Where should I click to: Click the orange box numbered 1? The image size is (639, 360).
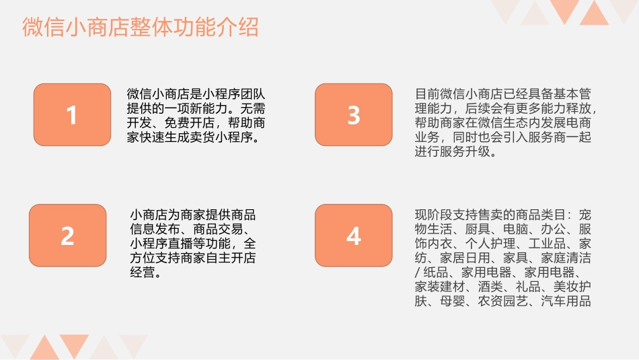(x=72, y=115)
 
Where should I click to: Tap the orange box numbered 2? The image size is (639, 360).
(x=67, y=236)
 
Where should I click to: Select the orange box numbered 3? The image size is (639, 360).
(x=353, y=115)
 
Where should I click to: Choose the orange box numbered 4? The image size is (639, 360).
(x=353, y=236)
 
